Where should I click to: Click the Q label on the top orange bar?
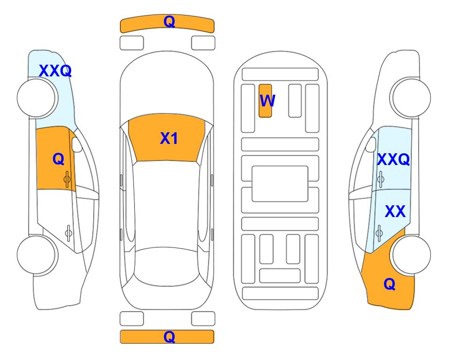(x=170, y=22)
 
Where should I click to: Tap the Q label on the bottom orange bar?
(x=170, y=337)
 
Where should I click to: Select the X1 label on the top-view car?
(x=169, y=138)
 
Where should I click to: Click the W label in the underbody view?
(x=267, y=100)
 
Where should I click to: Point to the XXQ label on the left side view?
(x=55, y=71)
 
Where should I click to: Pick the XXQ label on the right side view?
(x=393, y=159)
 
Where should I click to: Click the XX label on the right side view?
(x=395, y=211)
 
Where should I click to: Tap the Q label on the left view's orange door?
(x=59, y=159)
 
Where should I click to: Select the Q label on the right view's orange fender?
(x=390, y=284)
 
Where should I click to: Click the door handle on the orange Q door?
(x=67, y=179)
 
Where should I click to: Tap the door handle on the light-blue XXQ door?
(x=381, y=179)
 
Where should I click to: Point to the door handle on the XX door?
(x=379, y=233)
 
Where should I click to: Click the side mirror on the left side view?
(x=77, y=145)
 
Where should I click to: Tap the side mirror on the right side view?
(x=371, y=145)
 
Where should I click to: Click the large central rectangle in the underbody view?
(x=280, y=184)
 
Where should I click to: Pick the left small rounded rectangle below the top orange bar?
(x=132, y=43)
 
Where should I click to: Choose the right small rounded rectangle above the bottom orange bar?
(x=203, y=319)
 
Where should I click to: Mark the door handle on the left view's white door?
(x=68, y=233)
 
